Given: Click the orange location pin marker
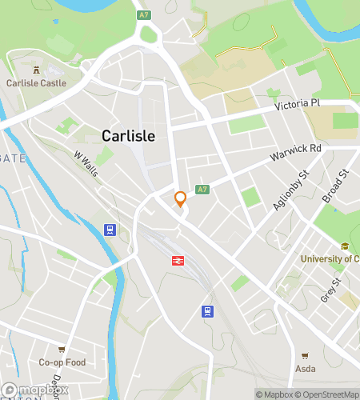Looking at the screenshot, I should click(x=180, y=198).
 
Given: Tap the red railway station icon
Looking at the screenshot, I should click(x=176, y=261).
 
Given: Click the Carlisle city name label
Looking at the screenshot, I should click(x=128, y=135).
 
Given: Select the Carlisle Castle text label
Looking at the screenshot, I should click(x=36, y=82).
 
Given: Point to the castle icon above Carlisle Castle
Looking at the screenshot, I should click(x=35, y=69).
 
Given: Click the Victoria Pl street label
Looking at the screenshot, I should click(x=297, y=104).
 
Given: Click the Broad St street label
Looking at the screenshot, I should click(x=333, y=185).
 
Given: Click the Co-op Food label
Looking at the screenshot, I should click(x=62, y=362).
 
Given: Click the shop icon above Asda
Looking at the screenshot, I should click(x=305, y=356).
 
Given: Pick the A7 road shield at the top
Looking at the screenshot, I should click(x=144, y=14).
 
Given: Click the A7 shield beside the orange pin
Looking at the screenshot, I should click(x=202, y=190).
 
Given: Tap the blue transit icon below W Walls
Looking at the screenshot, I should click(x=110, y=230).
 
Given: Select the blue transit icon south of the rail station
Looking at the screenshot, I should click(x=207, y=311).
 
